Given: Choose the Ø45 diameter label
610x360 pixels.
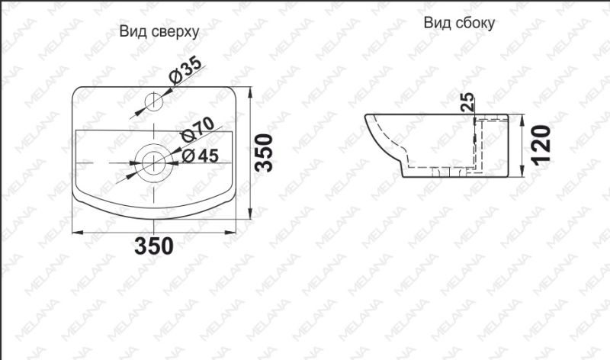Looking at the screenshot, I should point(200,156).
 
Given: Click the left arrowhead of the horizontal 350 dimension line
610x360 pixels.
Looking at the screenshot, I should point(76,232).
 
